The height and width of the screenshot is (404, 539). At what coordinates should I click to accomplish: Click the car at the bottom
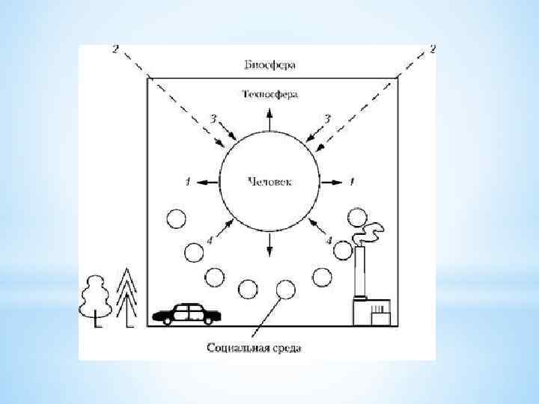(186, 313)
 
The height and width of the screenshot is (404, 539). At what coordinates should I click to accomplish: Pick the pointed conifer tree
(130, 296)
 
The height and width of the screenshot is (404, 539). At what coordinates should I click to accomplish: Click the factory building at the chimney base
(372, 311)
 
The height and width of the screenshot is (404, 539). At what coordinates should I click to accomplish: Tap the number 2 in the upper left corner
(115, 49)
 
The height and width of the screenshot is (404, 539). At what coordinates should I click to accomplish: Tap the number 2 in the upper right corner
(433, 49)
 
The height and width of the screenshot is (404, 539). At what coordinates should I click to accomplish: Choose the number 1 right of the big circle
(352, 182)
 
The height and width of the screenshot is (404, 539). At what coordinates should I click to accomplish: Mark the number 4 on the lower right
(329, 241)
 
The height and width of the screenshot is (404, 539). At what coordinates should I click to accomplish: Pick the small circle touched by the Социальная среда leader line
(285, 289)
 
